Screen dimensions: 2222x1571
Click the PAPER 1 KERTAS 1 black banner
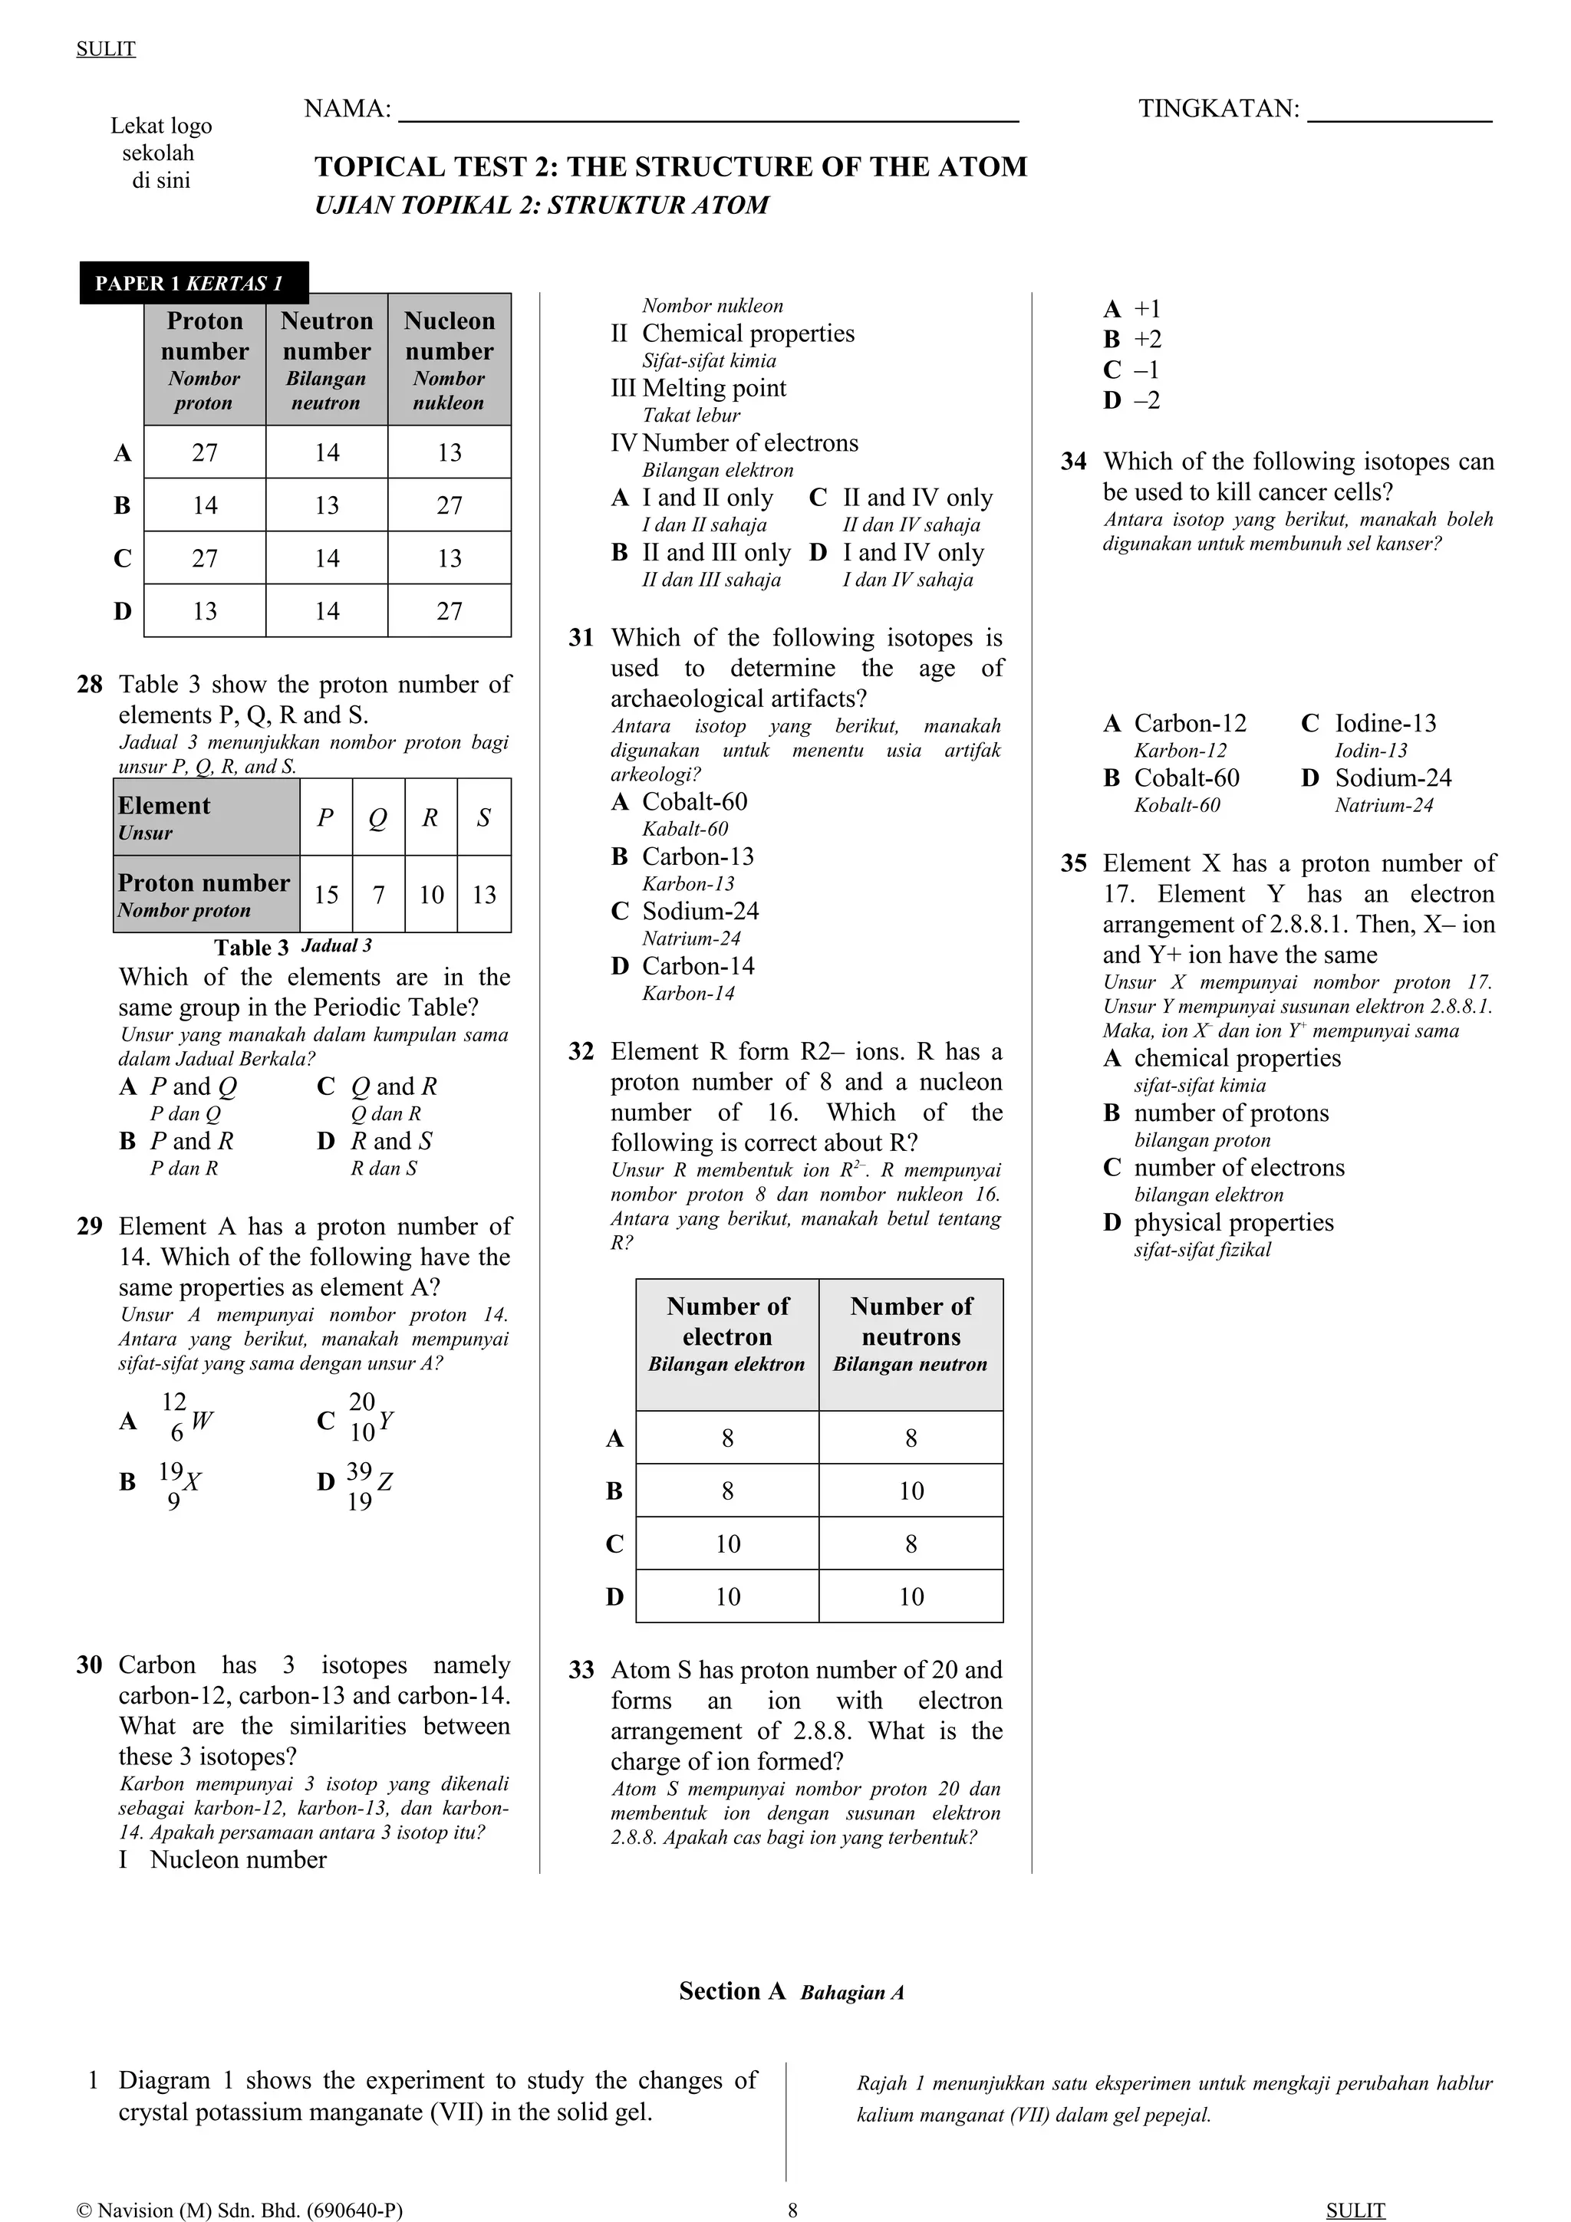(193, 284)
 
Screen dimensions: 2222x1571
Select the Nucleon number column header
(450, 359)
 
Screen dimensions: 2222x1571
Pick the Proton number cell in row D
(206, 610)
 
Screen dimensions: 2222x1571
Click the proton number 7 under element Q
(378, 894)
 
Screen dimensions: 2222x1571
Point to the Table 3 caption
(292, 946)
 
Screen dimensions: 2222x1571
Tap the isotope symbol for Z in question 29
(369, 1485)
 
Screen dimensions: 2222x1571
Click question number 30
(89, 1665)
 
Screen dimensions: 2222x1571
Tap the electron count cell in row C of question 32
(728, 1543)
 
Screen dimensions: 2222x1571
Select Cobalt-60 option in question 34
(1186, 778)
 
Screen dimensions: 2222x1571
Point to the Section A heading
(791, 1990)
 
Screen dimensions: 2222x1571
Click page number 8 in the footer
(792, 2210)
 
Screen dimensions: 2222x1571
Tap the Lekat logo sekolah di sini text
(160, 153)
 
